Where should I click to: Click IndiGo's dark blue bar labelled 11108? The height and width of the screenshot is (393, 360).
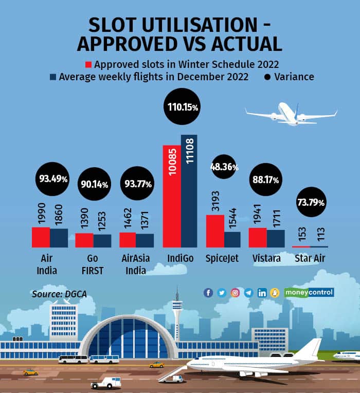(x=189, y=191)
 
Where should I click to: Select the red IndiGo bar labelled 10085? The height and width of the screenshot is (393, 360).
(x=172, y=196)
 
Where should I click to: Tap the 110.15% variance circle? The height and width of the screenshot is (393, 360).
(x=182, y=107)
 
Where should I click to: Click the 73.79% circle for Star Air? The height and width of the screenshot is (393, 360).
(x=311, y=203)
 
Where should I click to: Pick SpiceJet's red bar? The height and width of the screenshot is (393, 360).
(x=215, y=231)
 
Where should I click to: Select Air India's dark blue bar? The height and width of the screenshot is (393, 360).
(x=59, y=238)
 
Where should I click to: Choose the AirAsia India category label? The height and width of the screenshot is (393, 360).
(x=135, y=264)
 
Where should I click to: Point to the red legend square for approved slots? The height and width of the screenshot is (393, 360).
(x=88, y=65)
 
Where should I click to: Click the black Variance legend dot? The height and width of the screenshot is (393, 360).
(x=266, y=77)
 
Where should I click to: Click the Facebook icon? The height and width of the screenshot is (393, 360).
(x=208, y=293)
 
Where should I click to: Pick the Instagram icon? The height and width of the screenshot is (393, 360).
(x=235, y=293)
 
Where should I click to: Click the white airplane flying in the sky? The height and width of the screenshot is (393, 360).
(x=291, y=114)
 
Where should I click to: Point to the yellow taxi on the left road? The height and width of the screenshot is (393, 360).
(x=30, y=371)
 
